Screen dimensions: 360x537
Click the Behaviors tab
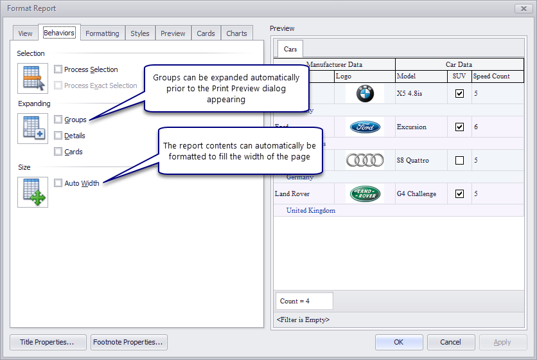click(59, 33)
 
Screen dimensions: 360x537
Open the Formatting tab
click(102, 33)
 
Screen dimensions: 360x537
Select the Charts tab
click(236, 33)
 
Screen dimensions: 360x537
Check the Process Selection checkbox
click(58, 69)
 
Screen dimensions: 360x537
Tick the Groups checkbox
click(58, 120)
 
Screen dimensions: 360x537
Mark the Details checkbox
click(58, 136)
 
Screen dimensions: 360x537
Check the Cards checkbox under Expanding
click(58, 152)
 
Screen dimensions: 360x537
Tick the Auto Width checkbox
click(58, 183)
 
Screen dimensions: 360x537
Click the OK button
click(398, 342)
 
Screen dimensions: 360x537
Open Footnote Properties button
click(128, 342)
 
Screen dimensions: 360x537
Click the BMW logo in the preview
click(365, 93)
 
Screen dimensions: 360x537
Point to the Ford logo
click(365, 127)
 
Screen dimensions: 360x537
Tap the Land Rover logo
click(365, 194)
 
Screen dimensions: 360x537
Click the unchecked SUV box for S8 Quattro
click(459, 160)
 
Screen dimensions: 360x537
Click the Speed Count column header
click(491, 76)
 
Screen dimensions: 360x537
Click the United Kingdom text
click(310, 210)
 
